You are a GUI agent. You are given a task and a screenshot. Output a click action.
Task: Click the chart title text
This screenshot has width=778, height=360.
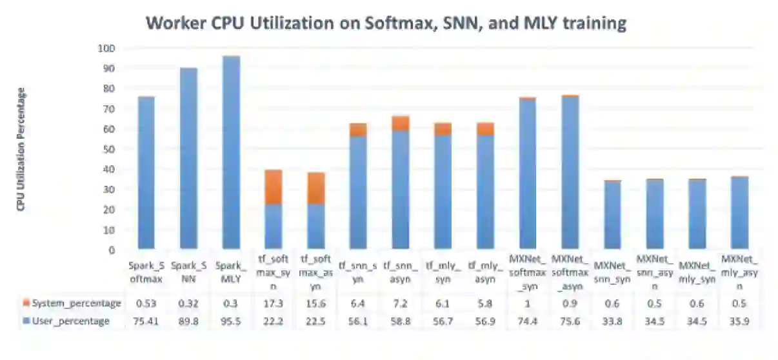(386, 24)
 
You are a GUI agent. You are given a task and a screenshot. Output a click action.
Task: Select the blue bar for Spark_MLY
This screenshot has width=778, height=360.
(231, 155)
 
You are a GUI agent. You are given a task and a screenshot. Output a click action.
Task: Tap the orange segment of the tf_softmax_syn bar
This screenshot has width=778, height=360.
(273, 187)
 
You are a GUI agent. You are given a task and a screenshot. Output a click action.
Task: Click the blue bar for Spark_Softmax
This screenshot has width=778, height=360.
(146, 174)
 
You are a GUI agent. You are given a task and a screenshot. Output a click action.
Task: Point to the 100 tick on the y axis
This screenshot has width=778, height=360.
(106, 48)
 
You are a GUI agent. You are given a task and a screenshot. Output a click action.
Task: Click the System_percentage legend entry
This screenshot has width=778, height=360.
(72, 303)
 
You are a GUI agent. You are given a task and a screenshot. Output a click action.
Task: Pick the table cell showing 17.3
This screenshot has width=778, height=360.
(273, 303)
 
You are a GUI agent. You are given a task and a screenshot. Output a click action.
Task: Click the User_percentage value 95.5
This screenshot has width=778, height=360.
(231, 321)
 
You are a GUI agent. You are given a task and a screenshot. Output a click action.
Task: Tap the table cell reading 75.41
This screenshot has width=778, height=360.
(146, 321)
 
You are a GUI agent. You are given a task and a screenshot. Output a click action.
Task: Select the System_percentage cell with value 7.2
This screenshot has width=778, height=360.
(399, 303)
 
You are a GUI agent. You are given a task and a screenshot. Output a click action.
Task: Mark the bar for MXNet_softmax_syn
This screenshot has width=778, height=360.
(526, 174)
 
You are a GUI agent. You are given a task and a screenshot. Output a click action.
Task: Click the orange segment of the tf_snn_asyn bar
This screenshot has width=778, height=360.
(400, 123)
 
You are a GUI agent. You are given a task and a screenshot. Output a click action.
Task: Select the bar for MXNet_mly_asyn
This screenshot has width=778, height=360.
(737, 213)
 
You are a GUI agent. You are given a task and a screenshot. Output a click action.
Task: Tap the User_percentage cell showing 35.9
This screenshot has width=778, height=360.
(737, 321)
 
